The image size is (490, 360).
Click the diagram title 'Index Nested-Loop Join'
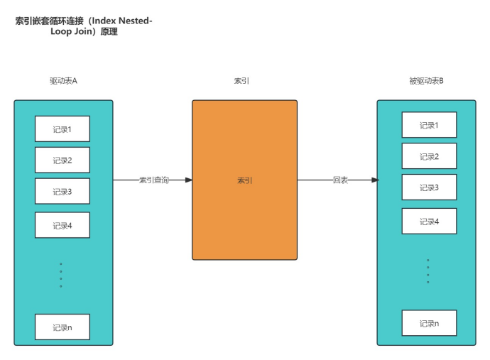tap(84, 26)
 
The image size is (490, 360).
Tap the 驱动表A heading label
tap(63, 81)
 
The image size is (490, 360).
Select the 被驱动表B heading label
tap(426, 81)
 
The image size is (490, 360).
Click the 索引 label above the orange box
tap(241, 81)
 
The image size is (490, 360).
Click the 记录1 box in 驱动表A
tap(62, 129)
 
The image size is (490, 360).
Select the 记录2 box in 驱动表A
tap(62, 160)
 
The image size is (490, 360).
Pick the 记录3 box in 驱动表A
tap(62, 192)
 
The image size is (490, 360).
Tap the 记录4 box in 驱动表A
tap(62, 225)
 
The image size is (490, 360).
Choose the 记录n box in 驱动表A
tap(62, 327)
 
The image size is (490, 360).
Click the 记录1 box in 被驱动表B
tap(429, 125)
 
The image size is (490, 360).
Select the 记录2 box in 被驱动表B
tap(429, 156)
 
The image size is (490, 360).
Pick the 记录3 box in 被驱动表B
tap(429, 187)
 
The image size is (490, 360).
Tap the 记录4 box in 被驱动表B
tap(429, 221)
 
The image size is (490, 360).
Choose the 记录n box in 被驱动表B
tap(429, 323)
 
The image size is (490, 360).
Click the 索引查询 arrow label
tap(154, 180)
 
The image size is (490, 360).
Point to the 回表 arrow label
tap(340, 180)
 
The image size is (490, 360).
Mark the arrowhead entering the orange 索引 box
tap(188, 180)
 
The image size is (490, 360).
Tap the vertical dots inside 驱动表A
tap(61, 275)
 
